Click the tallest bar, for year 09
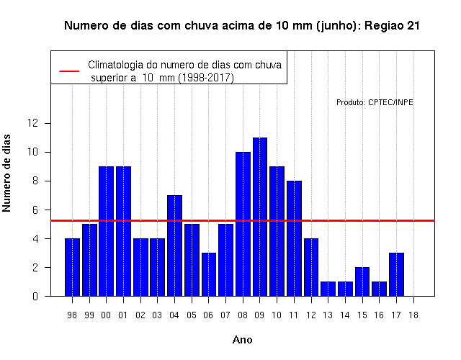(x=260, y=217)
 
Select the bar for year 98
(x=72, y=267)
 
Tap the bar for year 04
(x=174, y=246)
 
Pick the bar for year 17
(x=396, y=274)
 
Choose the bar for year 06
(x=209, y=274)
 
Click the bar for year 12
(x=311, y=267)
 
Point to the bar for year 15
(x=362, y=282)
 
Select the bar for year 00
(x=106, y=231)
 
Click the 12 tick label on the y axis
(x=32, y=123)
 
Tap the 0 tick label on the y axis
(x=35, y=296)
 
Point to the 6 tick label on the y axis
(x=35, y=210)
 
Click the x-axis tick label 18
(x=413, y=315)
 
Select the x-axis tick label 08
(x=243, y=315)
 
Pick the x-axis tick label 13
(x=328, y=315)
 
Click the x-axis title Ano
(x=242, y=340)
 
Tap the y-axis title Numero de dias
(x=6, y=173)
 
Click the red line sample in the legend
(x=69, y=71)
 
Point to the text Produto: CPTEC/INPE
(x=375, y=102)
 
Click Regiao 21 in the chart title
(x=392, y=26)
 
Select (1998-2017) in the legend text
(x=207, y=78)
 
